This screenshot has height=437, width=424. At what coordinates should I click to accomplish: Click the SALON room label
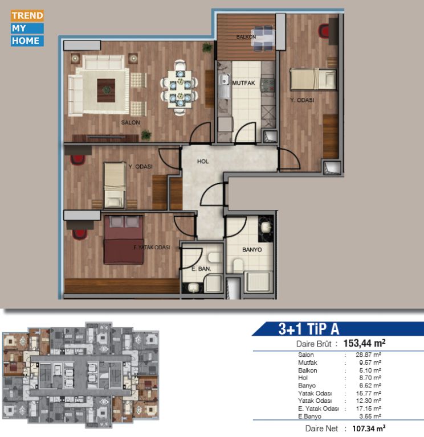point(131,122)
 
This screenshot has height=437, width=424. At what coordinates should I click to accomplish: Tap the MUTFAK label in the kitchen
point(244,83)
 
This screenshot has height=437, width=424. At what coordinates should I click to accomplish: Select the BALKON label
point(246,37)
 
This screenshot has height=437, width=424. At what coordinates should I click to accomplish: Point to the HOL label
point(203,162)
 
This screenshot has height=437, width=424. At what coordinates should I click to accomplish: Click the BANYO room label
point(252,250)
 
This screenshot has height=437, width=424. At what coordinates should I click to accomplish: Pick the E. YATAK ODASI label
point(152,247)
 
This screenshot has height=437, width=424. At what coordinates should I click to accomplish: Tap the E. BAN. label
point(201,269)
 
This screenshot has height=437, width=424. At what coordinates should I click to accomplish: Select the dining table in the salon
point(180,89)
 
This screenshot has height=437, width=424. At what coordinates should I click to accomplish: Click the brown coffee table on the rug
point(106,90)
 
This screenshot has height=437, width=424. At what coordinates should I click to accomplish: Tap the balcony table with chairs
point(263,39)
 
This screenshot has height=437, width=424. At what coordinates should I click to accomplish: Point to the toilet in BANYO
point(238,266)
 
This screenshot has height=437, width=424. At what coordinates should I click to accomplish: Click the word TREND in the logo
point(27,15)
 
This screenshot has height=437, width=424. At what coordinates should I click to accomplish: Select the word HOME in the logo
point(26,41)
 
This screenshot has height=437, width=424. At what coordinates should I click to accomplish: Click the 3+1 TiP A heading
point(309,329)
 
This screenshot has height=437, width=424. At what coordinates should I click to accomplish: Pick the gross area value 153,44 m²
point(364,343)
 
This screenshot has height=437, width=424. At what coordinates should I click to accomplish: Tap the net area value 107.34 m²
point(369,428)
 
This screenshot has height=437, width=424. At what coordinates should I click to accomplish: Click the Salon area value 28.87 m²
point(369,355)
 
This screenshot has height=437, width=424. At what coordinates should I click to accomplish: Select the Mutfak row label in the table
point(308,362)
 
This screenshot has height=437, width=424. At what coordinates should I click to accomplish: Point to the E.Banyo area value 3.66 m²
point(370,417)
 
